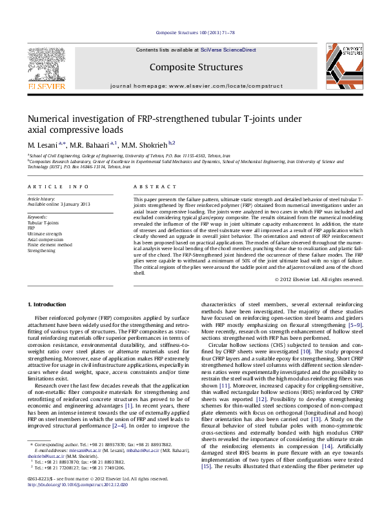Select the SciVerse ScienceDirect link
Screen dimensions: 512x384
point(228,50)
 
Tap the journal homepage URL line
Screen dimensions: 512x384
point(192,85)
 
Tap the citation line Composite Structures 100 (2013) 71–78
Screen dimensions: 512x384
point(192,32)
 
